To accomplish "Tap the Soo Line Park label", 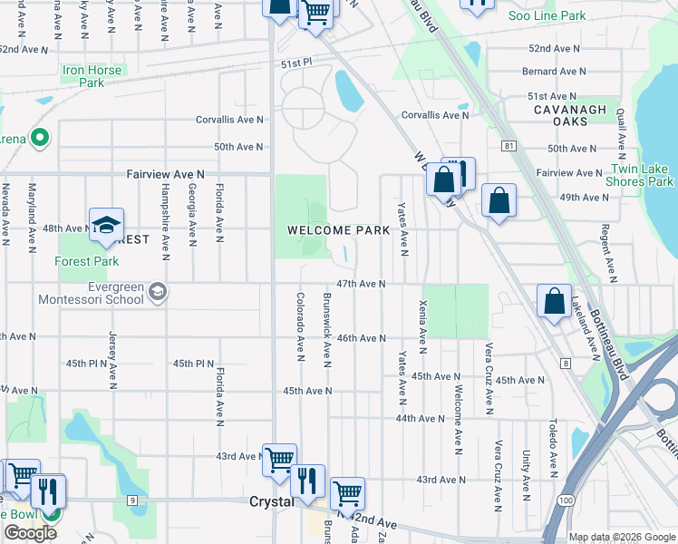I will pos(547,15).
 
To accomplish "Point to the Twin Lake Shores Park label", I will pos(641,175).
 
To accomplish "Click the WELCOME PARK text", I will pos(338,230).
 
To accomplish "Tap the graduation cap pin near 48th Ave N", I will pos(106,227).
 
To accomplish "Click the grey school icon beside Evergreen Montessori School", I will pos(158,291).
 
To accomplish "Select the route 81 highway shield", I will pos(508,145).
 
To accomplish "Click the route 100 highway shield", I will pos(565,500).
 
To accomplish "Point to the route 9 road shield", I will pos(132,500).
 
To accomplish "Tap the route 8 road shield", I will pos(565,364).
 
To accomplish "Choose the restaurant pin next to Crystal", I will pos(307,481).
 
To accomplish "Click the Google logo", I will pos(30,533).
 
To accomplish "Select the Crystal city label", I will pos(271,501).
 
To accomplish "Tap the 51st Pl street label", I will pos(295,63).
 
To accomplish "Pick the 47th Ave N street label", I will pos(361,284).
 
